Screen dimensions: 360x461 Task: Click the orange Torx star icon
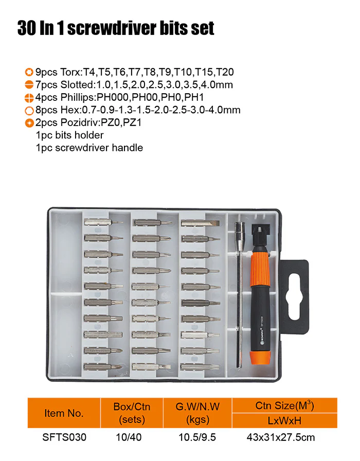pos(29,72)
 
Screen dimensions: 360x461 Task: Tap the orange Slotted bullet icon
pos(29,85)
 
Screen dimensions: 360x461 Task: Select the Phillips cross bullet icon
pos(29,98)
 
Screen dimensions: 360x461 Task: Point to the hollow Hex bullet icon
pos(29,111)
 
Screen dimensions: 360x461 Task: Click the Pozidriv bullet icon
pos(29,123)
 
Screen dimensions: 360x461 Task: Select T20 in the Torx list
pos(225,72)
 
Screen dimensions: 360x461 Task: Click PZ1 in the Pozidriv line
pos(132,122)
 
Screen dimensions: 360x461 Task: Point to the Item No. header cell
pos(64,413)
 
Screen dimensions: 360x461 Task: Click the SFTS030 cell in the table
pos(64,437)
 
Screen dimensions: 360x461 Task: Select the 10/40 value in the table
pos(129,437)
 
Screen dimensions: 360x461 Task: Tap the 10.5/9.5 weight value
pos(197,437)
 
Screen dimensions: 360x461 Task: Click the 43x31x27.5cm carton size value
pos(281,437)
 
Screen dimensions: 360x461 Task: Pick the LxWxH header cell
pos(284,420)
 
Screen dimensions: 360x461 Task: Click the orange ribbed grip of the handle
pos(259,269)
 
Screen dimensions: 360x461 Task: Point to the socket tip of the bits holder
pos(239,228)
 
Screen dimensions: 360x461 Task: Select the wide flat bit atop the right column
pos(200,223)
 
